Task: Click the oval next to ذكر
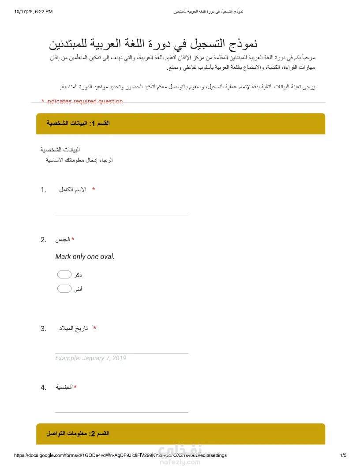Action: [64, 275]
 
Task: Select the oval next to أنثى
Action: [64, 289]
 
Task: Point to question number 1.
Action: [43, 190]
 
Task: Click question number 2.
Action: [43, 240]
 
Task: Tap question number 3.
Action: [43, 329]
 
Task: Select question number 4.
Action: [43, 387]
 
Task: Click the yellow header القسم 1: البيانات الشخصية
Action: [180, 124]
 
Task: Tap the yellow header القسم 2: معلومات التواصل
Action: [180, 434]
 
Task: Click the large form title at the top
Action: [153, 44]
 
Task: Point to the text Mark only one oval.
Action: [85, 256]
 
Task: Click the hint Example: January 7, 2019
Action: [90, 358]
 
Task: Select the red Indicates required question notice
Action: [82, 101]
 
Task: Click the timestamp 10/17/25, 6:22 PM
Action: [34, 11]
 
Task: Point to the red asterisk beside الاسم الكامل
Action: [94, 190]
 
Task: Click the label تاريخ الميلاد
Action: [74, 328]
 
